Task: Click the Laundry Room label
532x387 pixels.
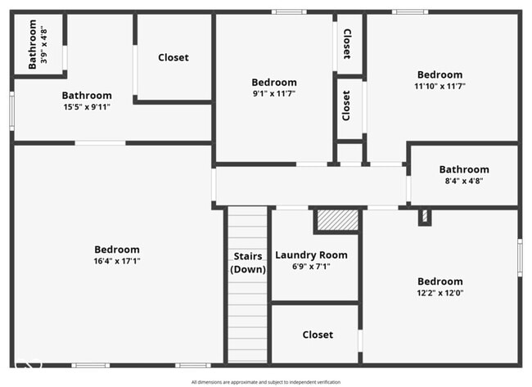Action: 311,255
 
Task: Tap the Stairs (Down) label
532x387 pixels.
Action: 248,263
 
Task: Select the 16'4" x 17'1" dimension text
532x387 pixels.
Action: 117,261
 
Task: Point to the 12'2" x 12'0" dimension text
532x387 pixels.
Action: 440,293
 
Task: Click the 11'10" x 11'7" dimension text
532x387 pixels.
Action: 440,86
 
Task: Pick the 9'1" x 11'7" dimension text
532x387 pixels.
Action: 274,93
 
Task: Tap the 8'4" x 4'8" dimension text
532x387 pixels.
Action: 464,181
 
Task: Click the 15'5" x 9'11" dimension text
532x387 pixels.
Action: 87,106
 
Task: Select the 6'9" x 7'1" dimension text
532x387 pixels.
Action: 311,266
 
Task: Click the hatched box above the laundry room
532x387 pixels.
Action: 337,219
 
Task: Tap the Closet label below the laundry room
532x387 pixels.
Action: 318,335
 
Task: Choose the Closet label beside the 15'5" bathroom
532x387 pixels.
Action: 173,57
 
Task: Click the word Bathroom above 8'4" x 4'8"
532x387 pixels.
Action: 464,169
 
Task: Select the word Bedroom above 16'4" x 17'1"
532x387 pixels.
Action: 117,250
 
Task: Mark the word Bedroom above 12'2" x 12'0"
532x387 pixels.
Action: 440,281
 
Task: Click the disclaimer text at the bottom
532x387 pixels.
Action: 266,382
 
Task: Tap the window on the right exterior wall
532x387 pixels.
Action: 519,257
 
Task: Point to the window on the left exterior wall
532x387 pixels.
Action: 11,110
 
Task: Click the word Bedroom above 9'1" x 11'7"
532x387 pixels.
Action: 274,82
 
